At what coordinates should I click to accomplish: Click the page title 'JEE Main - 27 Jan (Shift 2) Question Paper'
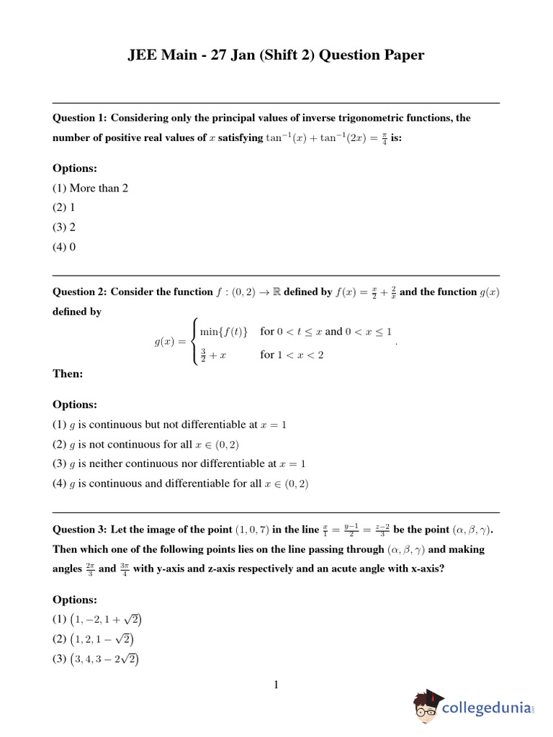276,55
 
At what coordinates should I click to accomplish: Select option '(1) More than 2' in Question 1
90,188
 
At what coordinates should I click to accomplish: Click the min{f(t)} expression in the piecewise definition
224,332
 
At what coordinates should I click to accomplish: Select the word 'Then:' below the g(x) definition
68,374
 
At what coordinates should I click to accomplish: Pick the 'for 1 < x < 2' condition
292,355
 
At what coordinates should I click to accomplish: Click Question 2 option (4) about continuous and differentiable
181,484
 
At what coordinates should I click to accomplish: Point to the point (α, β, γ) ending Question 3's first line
475,530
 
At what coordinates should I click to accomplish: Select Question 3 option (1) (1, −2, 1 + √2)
101,619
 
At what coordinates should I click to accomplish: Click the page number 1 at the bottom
276,684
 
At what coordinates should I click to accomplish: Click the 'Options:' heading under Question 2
75,404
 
